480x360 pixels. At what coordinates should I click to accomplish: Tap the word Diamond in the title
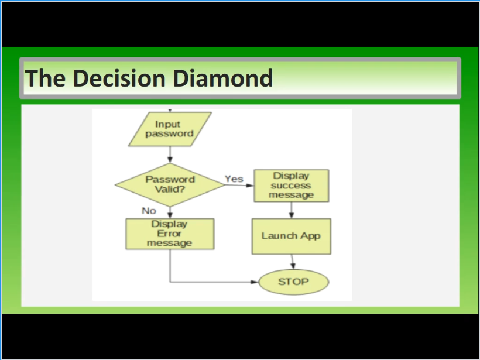223,78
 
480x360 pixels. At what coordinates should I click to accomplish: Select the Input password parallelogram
170,129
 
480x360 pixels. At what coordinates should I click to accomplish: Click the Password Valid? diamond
170,184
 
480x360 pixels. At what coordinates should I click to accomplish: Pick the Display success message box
292,186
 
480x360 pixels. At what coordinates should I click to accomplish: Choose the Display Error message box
170,234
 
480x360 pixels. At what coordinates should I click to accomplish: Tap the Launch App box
292,236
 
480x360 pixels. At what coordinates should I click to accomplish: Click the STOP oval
294,282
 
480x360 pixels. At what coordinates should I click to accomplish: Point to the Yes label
234,179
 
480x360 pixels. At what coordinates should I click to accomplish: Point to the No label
149,211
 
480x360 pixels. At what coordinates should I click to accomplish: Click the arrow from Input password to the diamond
170,155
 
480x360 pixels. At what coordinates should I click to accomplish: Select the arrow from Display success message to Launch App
292,210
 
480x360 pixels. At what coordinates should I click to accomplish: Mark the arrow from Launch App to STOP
293,262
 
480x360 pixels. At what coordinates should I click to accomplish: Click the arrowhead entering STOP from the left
255,282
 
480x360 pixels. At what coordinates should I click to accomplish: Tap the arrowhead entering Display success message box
250,185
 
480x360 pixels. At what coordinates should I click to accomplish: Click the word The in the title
45,78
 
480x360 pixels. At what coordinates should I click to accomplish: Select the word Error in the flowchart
169,234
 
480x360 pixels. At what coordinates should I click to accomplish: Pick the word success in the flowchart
291,186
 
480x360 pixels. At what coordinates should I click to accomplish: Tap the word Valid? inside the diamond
170,189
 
